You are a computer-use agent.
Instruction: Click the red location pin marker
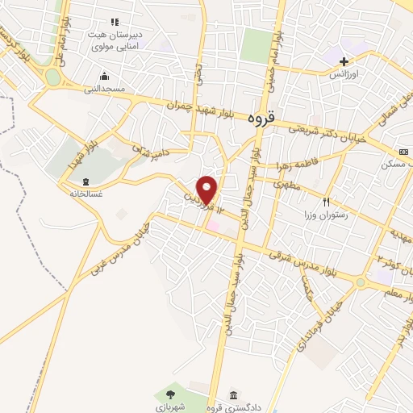point(207,190)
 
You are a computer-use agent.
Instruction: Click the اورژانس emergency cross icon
point(344,61)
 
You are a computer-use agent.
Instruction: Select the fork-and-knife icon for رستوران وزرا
point(327,202)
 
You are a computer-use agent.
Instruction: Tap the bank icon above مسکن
point(402,152)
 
